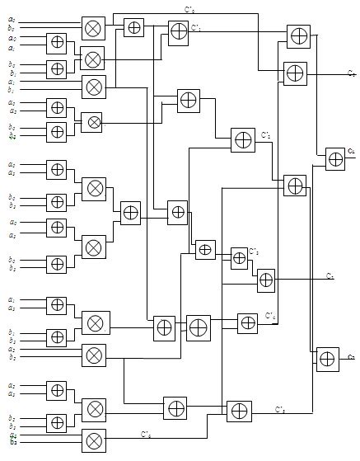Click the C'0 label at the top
click(189, 11)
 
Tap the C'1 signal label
click(197, 28)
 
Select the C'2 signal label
click(265, 134)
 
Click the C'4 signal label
click(269, 315)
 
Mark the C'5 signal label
click(279, 407)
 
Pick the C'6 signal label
click(145, 433)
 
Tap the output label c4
click(351, 151)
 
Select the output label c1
click(330, 275)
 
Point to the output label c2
click(350, 356)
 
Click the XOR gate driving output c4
click(334, 158)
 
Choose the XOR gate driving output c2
click(328, 358)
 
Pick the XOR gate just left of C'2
click(243, 139)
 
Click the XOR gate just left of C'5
click(239, 410)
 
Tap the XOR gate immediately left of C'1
click(178, 31)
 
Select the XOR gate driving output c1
click(265, 281)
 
